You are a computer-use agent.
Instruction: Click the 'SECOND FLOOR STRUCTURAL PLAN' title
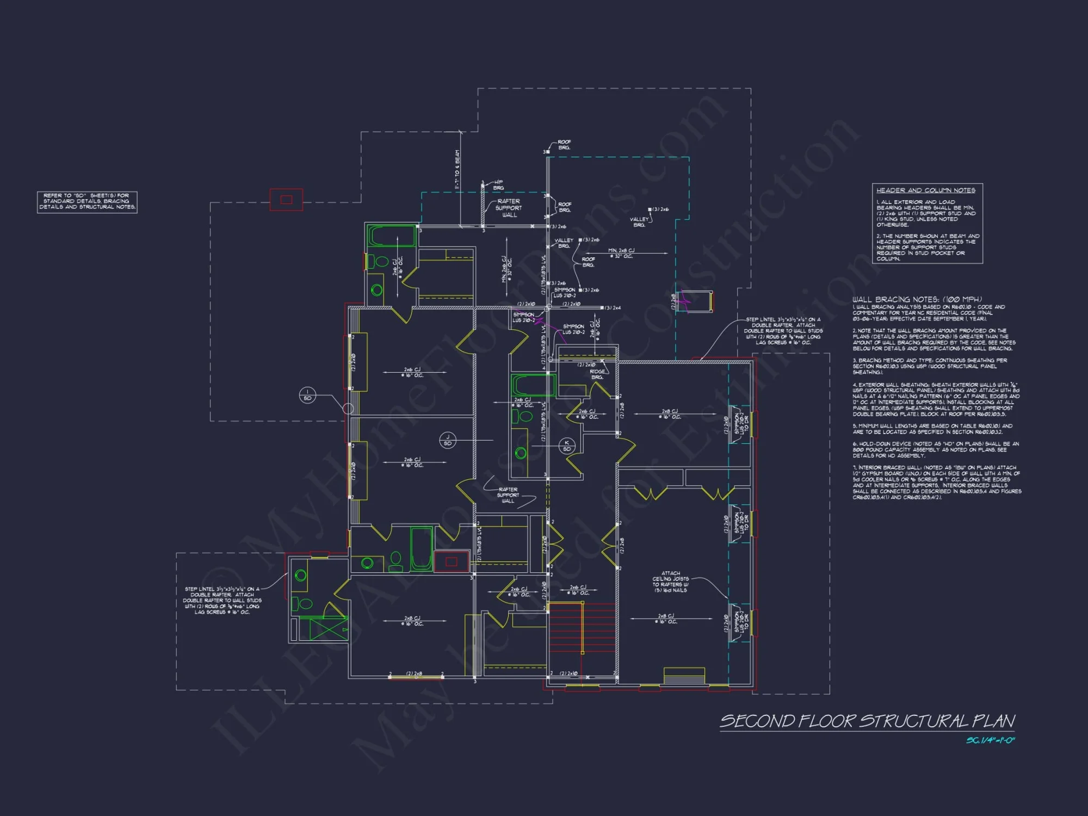coord(867,721)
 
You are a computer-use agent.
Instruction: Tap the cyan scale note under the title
coord(990,740)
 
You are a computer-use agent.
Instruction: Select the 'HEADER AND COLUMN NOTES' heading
coord(926,190)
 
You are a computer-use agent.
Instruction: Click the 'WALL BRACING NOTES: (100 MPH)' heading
coord(917,299)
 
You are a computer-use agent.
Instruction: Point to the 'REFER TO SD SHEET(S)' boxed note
coord(87,201)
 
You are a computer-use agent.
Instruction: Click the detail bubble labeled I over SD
coord(307,395)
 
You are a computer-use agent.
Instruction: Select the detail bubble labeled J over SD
coord(448,441)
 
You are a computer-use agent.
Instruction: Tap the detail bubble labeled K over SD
coord(567,446)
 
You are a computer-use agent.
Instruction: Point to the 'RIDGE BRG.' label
coord(597,374)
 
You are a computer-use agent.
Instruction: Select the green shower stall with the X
coord(328,629)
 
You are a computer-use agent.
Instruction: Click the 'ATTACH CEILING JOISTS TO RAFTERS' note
coord(671,582)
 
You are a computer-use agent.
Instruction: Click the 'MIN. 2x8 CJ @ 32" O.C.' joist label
coord(621,254)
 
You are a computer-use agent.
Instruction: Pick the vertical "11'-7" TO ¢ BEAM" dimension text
coord(457,170)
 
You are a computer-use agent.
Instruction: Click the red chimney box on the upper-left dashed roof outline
coord(286,200)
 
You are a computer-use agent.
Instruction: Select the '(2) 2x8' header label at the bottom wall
coord(415,674)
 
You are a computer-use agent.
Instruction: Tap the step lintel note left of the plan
coord(222,601)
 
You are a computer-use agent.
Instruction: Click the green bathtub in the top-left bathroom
coord(392,236)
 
